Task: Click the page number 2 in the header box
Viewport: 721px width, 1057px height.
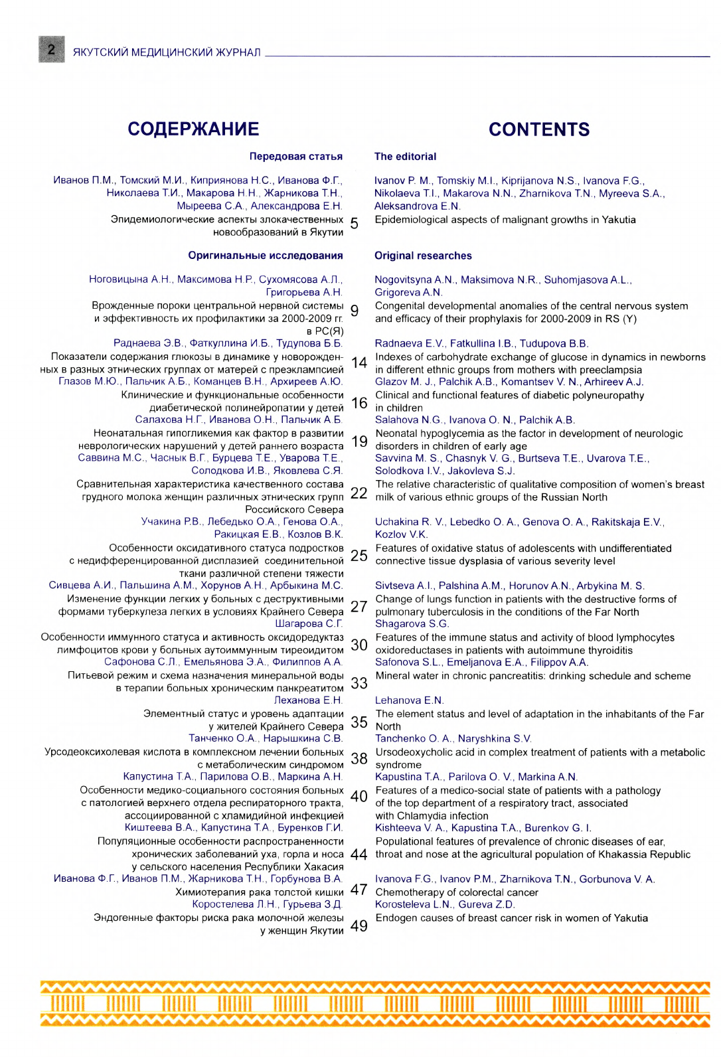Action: pyautogui.click(x=51, y=50)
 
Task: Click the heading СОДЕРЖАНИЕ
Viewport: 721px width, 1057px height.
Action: pyautogui.click(x=193, y=129)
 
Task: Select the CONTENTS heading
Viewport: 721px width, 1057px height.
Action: pyautogui.click(x=539, y=129)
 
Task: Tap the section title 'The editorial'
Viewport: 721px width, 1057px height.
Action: pyautogui.click(x=405, y=157)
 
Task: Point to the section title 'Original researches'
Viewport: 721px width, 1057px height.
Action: pyautogui.click(x=423, y=256)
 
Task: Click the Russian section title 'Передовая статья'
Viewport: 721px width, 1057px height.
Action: pyautogui.click(x=295, y=157)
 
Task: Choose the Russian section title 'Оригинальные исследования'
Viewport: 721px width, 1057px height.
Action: pyautogui.click(x=266, y=256)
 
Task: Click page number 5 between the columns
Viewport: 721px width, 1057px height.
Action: pyautogui.click(x=354, y=224)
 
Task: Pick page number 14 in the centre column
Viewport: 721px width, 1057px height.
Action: pyautogui.click(x=359, y=363)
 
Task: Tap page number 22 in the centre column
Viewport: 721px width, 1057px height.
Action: pyautogui.click(x=359, y=493)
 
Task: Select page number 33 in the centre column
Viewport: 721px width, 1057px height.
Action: pyautogui.click(x=359, y=683)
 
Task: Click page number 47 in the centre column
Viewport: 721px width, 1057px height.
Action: pyautogui.click(x=359, y=890)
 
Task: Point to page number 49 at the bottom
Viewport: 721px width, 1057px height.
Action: pyautogui.click(x=359, y=926)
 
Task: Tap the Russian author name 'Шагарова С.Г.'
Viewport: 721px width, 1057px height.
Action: pyautogui.click(x=309, y=624)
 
